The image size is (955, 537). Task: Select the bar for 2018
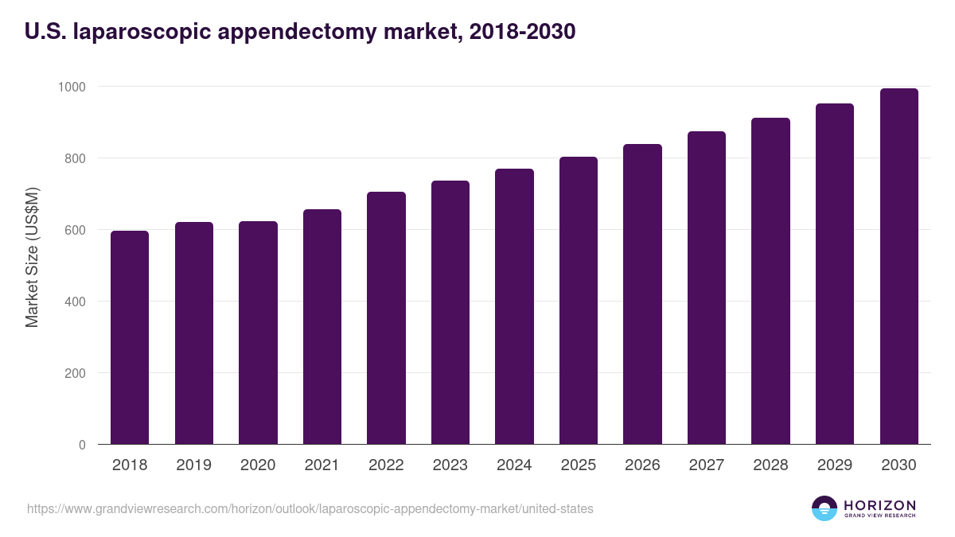coord(130,337)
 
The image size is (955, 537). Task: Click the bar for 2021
coord(322,327)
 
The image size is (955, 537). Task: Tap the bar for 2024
coord(514,306)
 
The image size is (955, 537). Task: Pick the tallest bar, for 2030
coord(898,267)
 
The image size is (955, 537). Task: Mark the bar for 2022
coord(386,318)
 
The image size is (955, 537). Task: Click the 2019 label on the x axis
coord(194,465)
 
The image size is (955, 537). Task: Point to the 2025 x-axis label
coord(579,465)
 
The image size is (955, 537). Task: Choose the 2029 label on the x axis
coord(835,465)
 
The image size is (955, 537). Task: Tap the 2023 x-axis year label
coord(450,465)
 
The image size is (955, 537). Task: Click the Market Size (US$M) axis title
coord(32,257)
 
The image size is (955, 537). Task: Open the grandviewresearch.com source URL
coord(310,508)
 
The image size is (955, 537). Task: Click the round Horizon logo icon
coord(824,508)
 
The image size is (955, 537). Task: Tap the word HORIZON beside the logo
coord(879,504)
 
